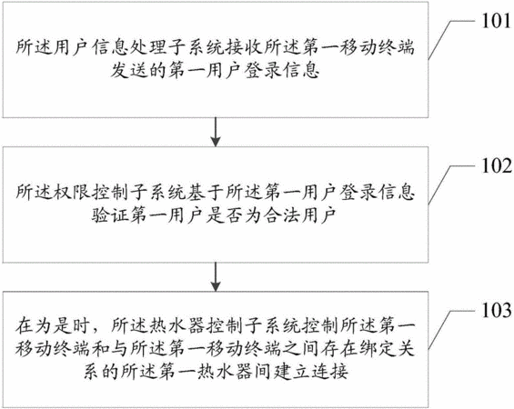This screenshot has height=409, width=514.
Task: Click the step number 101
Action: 496,21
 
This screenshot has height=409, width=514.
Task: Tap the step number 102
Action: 496,165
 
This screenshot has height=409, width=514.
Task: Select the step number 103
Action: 496,310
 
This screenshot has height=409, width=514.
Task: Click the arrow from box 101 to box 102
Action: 216,132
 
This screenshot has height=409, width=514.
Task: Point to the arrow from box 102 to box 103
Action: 216,277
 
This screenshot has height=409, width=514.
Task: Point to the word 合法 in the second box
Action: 282,215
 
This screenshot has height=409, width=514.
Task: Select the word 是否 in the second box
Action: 225,215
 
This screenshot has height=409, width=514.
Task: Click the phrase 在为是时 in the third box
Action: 53,325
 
